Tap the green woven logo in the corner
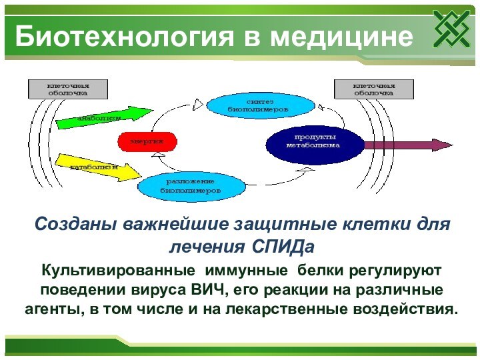click(x=451, y=29)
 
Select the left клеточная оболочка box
click(x=67, y=89)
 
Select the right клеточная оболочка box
click(x=373, y=89)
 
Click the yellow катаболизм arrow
click(x=97, y=167)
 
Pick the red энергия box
click(x=147, y=141)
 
